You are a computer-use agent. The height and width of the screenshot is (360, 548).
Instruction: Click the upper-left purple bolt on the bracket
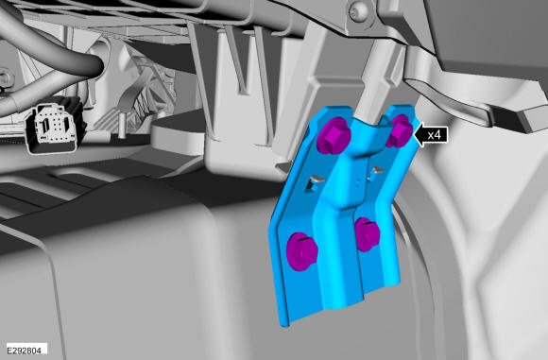pos(334,136)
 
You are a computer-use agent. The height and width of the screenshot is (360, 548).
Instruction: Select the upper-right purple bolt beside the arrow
pos(400,130)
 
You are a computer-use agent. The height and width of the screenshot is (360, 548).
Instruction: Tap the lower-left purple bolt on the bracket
pos(301,251)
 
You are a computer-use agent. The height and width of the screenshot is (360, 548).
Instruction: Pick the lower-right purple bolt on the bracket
pos(367,234)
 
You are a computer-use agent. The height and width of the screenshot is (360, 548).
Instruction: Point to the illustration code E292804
pos(24,350)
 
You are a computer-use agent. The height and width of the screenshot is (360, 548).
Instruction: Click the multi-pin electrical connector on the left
pos(56,126)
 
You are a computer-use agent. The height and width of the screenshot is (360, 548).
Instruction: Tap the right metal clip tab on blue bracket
pos(374,173)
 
